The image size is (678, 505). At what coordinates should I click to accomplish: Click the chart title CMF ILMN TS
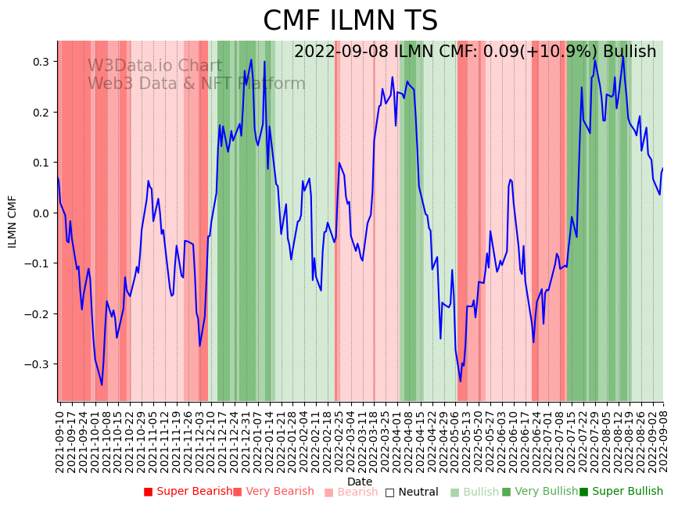[350, 21]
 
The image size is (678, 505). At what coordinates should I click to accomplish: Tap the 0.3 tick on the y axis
[40, 62]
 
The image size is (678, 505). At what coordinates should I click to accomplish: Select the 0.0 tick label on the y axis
[40, 213]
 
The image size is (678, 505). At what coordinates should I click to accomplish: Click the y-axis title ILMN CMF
[13, 221]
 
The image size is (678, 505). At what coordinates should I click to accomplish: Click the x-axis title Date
[360, 482]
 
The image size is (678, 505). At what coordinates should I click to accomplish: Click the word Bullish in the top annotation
[630, 52]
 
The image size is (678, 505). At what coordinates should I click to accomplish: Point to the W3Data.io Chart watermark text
[155, 66]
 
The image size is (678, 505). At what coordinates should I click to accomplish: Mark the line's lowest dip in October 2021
[102, 385]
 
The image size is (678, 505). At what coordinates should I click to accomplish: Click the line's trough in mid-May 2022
[460, 381]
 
